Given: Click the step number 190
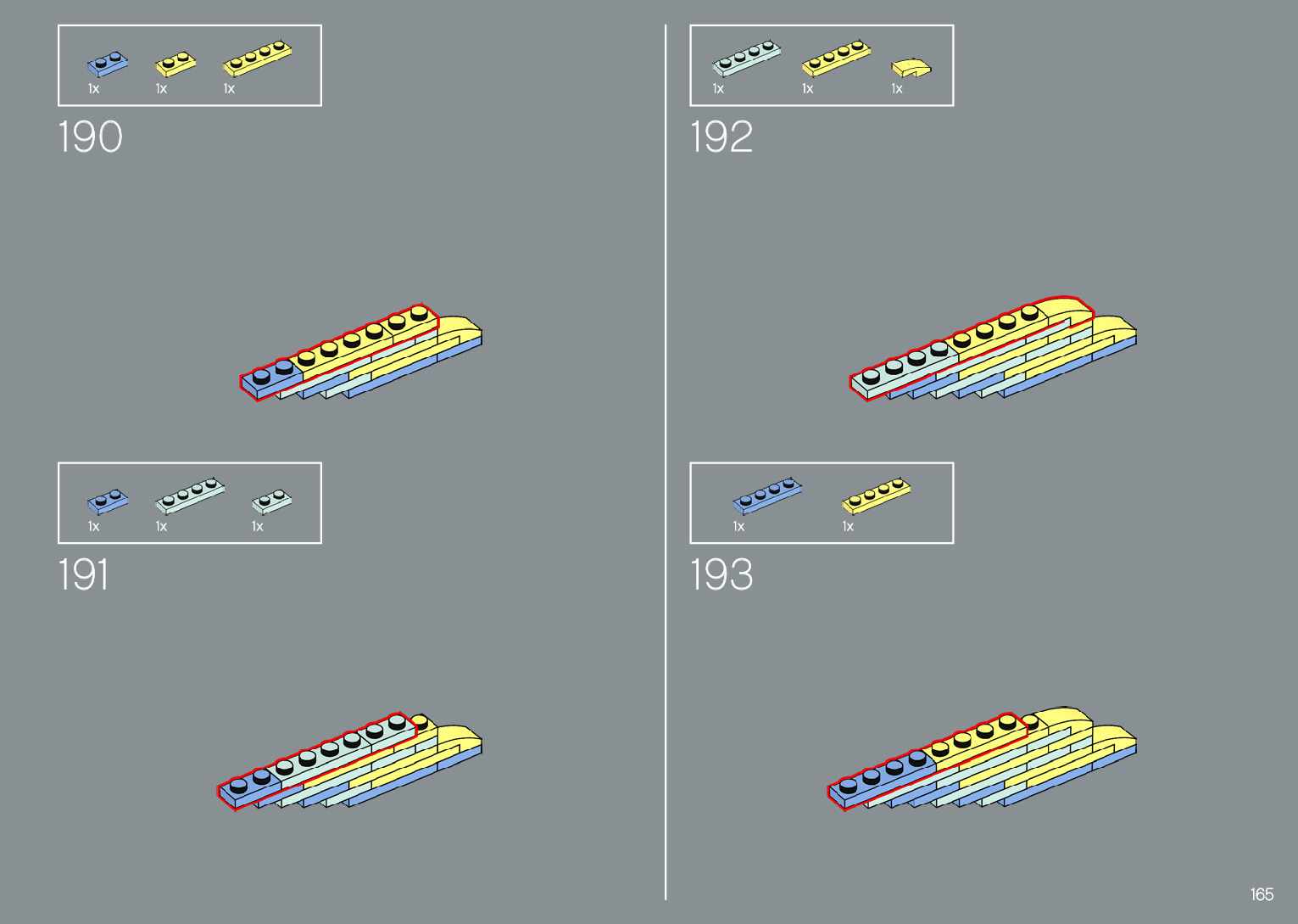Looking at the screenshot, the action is point(90,137).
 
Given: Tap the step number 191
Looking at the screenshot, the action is point(83,574).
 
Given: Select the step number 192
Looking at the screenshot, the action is point(721,137).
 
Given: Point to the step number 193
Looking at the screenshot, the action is point(721,574).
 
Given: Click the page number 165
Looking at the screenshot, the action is point(1262,894).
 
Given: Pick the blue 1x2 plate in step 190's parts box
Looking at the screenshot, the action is point(108,64).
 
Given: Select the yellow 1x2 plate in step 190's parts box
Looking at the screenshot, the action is point(175,64).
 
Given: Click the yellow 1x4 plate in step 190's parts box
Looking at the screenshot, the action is point(258,57).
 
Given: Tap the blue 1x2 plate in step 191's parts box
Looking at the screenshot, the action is point(108,501).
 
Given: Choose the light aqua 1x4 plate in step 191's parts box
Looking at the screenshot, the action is point(190,495).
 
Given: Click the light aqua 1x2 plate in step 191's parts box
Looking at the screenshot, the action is point(271,501).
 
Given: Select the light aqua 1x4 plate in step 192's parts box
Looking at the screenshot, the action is point(746,57).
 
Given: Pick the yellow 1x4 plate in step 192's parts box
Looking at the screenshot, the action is point(836,57).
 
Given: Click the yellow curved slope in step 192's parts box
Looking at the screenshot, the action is point(911,67).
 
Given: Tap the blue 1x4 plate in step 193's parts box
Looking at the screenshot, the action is point(766,495).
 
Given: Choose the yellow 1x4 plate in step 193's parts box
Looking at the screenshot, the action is point(876,495).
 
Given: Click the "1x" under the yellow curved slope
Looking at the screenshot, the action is point(897,89).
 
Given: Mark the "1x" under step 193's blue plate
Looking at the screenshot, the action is point(738,527).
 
